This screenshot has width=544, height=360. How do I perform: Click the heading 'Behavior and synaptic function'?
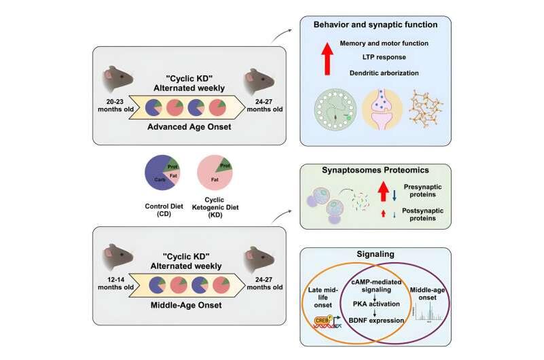[x=375, y=25]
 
